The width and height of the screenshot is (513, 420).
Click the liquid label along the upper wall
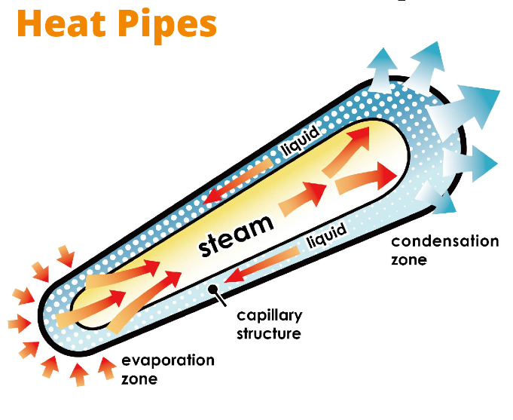302,142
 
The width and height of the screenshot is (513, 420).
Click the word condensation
444,242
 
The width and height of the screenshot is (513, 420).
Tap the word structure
269,333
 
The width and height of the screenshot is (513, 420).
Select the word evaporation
167,360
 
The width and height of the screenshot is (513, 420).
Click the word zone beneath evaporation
139,379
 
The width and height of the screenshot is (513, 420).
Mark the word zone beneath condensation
409,260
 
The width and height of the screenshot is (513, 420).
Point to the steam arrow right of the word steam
302,197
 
